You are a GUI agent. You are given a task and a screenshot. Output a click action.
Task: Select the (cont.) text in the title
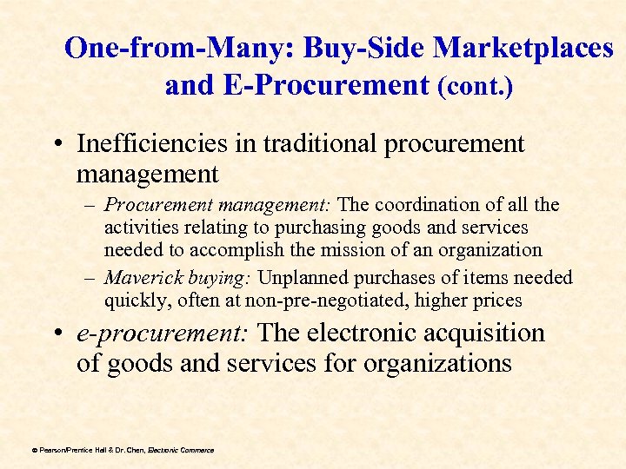coord(476,87)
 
